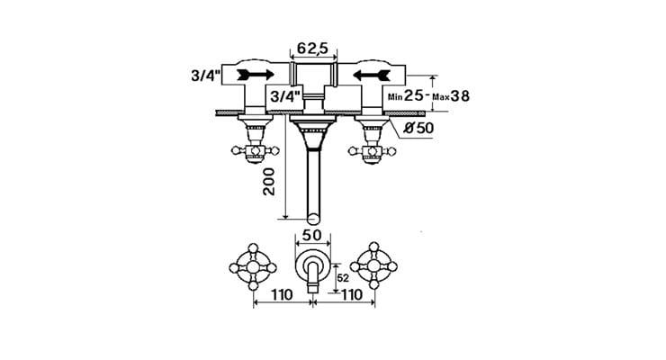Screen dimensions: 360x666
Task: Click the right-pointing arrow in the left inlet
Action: pyautogui.click(x=257, y=75)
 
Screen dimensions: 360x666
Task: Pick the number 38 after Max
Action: pyautogui.click(x=459, y=94)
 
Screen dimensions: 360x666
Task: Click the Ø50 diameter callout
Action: pyautogui.click(x=418, y=127)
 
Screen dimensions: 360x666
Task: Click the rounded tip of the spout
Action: pyautogui.click(x=313, y=218)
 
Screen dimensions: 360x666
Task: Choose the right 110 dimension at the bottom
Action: pyautogui.click(x=351, y=294)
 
